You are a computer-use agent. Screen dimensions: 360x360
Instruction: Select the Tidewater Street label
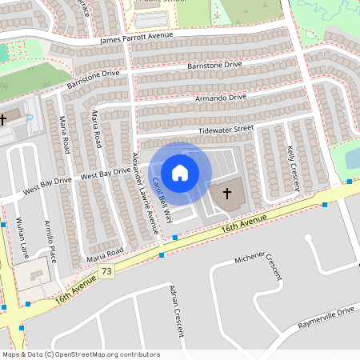click(226, 128)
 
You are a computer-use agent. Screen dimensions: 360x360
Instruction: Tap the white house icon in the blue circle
click(180, 173)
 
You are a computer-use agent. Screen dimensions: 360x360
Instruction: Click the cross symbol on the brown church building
click(226, 193)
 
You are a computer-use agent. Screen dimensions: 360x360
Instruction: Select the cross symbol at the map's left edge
click(3, 119)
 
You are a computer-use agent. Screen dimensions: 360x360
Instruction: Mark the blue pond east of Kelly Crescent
click(353, 158)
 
